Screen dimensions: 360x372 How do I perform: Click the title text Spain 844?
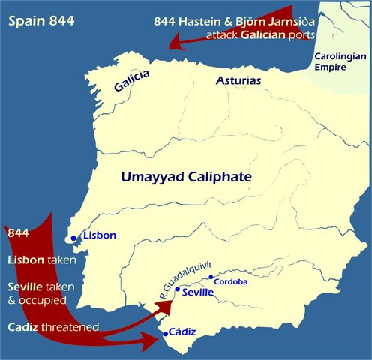[41, 20]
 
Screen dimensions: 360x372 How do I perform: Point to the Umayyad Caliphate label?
[186, 178]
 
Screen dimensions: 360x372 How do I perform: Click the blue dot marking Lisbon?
[73, 238]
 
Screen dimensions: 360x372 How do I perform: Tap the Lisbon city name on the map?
[100, 235]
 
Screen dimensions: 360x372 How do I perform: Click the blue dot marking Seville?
[176, 289]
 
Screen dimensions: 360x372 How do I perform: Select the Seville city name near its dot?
[199, 292]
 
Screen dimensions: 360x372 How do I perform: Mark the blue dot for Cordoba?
[211, 277]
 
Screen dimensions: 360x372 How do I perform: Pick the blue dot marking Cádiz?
[165, 334]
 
